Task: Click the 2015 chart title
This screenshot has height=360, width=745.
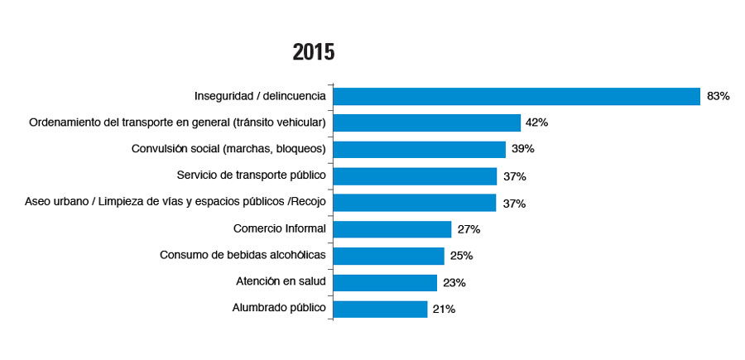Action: click(314, 53)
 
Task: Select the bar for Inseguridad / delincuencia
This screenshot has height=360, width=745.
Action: click(517, 96)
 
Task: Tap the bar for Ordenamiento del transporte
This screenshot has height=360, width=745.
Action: click(426, 122)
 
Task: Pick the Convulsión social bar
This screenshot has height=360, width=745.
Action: click(419, 149)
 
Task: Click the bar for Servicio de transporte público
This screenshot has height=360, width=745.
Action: click(415, 176)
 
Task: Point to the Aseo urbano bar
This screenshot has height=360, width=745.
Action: click(415, 203)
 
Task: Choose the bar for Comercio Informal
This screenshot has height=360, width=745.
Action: click(392, 229)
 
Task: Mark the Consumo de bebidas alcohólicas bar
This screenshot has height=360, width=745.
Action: click(388, 256)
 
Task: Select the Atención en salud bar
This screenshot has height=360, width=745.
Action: click(385, 282)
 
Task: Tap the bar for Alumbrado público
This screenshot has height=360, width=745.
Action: click(381, 309)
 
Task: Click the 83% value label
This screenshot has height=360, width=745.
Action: click(718, 96)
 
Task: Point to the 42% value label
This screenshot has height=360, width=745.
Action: click(536, 122)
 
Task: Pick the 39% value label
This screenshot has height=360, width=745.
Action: click(522, 150)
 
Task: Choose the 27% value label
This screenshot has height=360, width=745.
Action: click(469, 229)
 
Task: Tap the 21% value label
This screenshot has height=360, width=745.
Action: click(444, 310)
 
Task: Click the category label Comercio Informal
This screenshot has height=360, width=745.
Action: click(281, 228)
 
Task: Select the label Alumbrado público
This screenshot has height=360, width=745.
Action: click(279, 309)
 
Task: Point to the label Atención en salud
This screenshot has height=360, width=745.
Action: click(281, 282)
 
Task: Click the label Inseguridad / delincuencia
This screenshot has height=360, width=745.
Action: click(260, 96)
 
